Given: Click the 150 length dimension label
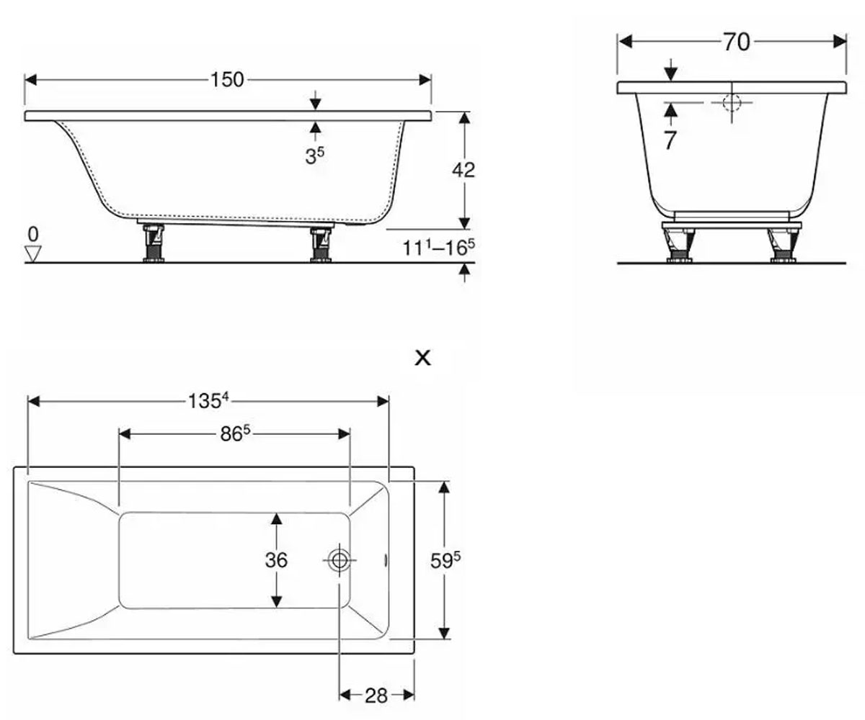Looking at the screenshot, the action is (x=228, y=79).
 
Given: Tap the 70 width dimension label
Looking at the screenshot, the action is (x=737, y=42).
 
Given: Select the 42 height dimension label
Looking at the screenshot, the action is (x=463, y=170).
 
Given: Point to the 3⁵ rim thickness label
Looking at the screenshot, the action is (x=315, y=156).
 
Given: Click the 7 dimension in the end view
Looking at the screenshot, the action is (x=670, y=140).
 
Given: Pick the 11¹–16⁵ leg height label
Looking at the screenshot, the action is (x=439, y=248).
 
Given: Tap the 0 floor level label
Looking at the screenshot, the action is (x=33, y=235).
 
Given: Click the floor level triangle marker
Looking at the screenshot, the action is (x=32, y=253).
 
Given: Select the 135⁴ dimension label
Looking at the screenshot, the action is (x=208, y=400).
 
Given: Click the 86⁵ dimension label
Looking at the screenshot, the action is (x=235, y=433).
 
